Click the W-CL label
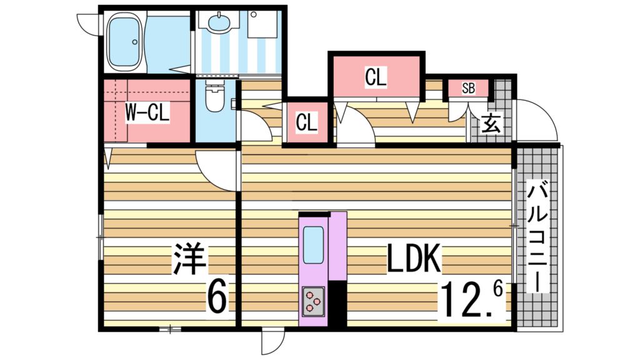147,112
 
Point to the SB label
469,89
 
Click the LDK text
414,258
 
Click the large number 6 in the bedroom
216,297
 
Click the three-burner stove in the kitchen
313,301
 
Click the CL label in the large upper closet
376,77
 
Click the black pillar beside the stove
337,304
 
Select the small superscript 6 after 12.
497,289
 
